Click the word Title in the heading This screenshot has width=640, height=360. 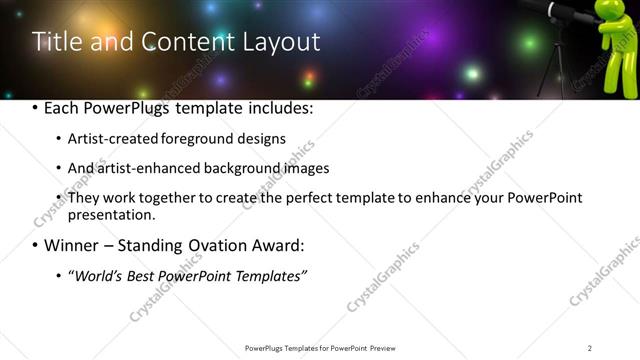click(x=59, y=42)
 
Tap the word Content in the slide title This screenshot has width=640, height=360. click(x=179, y=42)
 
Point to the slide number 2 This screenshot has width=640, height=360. click(x=590, y=348)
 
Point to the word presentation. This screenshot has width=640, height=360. click(x=110, y=215)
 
